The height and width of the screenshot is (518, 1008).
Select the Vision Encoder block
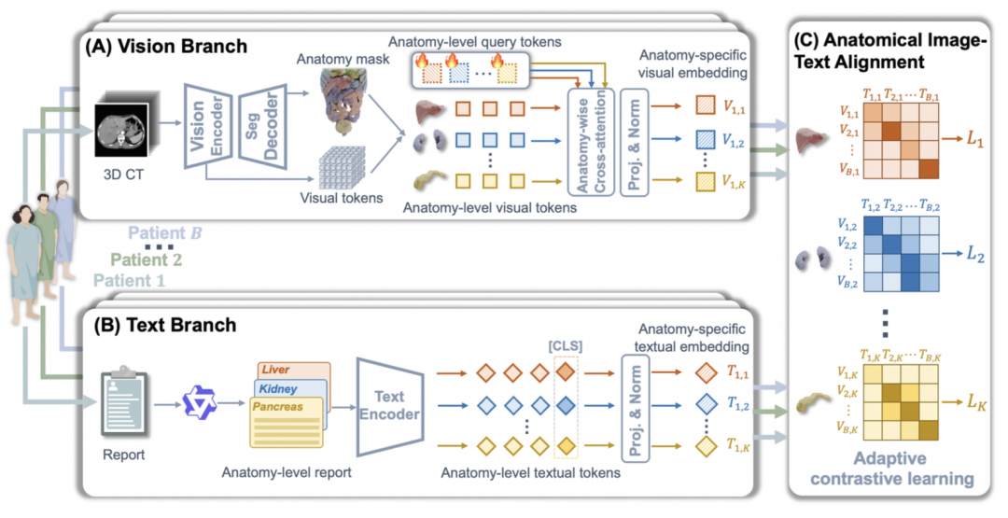tap(207, 126)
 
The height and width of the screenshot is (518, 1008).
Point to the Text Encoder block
tap(389, 406)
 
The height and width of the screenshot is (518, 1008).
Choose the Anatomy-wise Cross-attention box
tap(591, 141)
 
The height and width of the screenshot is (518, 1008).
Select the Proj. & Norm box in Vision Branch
tap(635, 141)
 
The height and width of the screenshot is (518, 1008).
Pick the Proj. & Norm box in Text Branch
tap(636, 408)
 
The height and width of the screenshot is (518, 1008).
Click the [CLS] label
tap(566, 346)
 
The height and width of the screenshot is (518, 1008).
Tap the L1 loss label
tap(975, 138)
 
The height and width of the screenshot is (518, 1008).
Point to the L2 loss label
tap(976, 254)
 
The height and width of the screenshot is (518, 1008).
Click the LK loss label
tap(976, 402)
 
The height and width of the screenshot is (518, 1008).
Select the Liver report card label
tap(275, 370)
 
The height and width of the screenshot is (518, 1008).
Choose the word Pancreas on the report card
tap(278, 407)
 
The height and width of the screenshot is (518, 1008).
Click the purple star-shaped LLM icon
tap(200, 403)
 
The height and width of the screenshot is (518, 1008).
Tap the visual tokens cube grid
tap(342, 168)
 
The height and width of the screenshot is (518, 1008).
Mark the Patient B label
tap(165, 232)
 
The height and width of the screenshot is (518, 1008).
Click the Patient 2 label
tap(147, 259)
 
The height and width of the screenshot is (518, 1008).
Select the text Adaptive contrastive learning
tap(891, 469)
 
